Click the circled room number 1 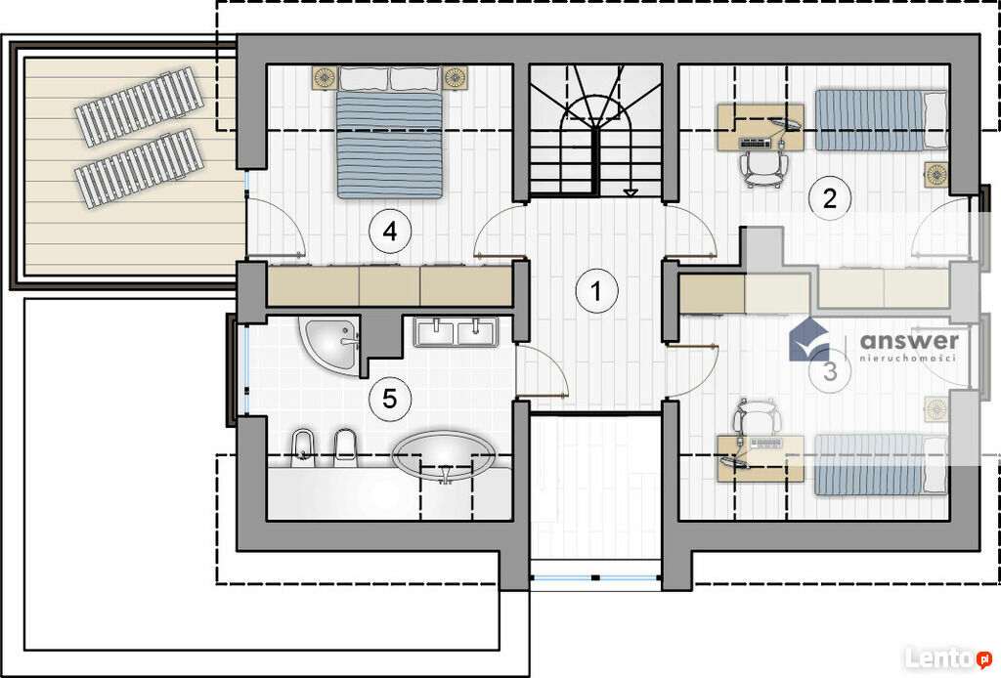596,291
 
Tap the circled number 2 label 829,198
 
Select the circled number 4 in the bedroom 390,231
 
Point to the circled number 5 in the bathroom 389,399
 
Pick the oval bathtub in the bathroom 444,455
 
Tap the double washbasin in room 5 456,331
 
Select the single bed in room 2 881,120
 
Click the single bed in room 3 881,465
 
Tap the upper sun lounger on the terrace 139,106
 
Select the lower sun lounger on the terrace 139,168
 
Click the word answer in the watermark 909,341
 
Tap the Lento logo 948,657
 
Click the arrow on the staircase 631,191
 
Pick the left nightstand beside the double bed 325,77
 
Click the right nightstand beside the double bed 456,77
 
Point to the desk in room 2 761,128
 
